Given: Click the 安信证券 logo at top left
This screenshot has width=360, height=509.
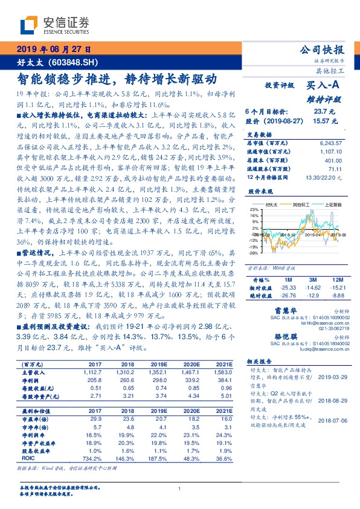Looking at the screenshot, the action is [x=54, y=25].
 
